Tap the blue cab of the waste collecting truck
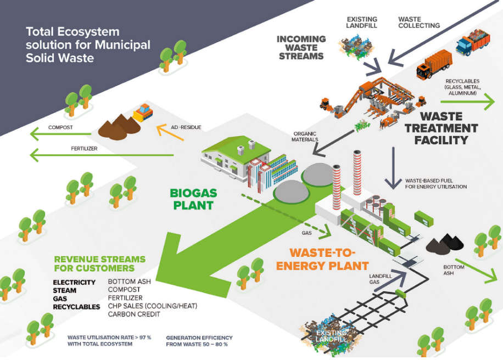tap(464, 46)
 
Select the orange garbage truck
tap(434, 64)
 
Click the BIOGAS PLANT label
tap(193, 199)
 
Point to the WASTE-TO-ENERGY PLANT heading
tap(322, 260)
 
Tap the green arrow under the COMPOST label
tap(61, 134)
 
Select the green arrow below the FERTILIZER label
tap(102, 155)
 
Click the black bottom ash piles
tap(445, 243)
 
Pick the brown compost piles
tap(119, 127)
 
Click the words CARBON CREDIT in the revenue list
tap(134, 314)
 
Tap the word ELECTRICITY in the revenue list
tap(74, 283)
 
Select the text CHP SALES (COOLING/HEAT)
tap(152, 306)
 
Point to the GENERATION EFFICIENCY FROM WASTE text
tap(199, 341)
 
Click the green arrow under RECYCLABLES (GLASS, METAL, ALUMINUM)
tap(468, 102)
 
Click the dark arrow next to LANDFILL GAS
tap(390, 281)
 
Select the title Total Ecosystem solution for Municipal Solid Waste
tap(88, 44)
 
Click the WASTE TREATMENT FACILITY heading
tap(441, 128)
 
